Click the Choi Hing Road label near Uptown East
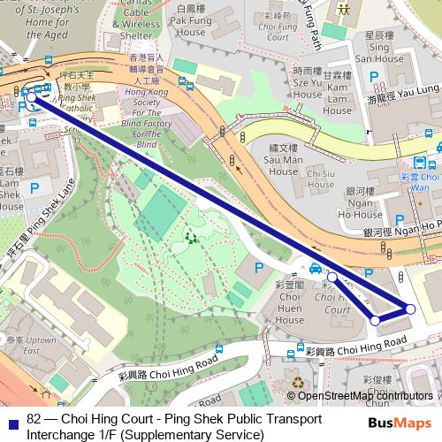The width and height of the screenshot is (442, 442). [168, 369]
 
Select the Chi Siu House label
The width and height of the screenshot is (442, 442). [321, 175]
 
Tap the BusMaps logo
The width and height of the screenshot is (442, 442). [400, 423]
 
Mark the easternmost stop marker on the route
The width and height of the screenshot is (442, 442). [410, 308]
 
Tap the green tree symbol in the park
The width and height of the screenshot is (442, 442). [190, 237]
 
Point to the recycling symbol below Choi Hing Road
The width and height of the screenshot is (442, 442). [297, 383]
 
